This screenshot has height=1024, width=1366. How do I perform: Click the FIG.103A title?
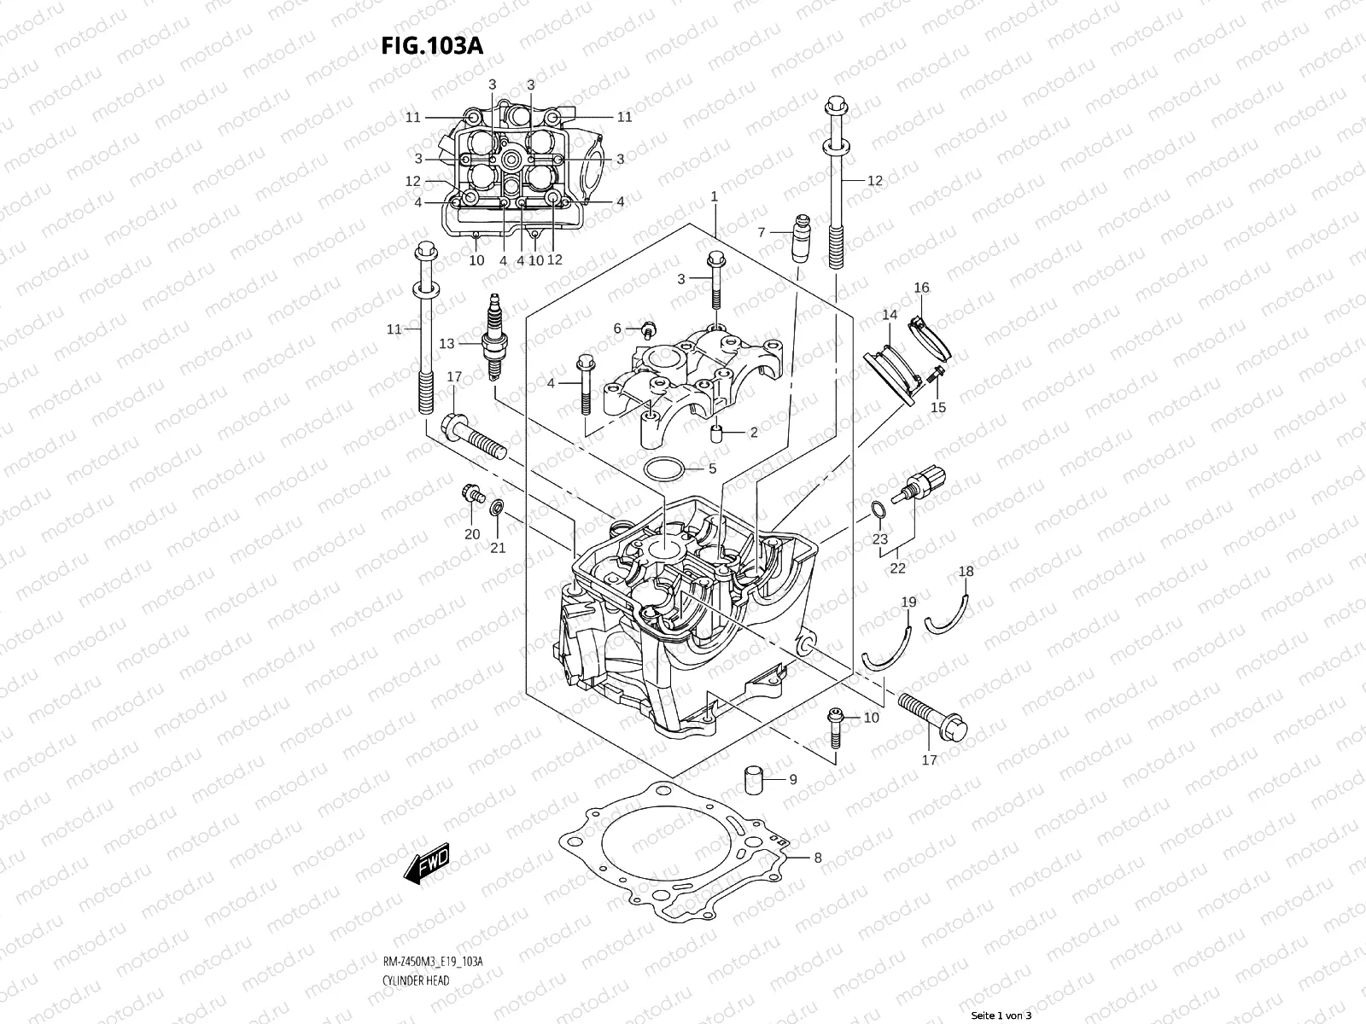(431, 45)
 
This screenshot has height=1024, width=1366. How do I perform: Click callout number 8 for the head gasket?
(817, 858)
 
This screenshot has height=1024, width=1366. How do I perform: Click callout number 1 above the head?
(714, 197)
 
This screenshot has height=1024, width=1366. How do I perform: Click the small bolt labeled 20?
(470, 492)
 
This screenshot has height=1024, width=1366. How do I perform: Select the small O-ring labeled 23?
(877, 510)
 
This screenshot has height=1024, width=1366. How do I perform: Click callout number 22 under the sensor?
(898, 568)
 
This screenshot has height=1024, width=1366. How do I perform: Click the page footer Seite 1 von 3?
(1001, 1016)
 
